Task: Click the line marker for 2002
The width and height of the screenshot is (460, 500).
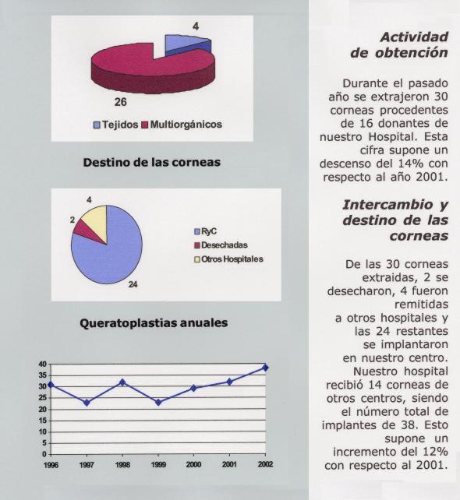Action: click(x=265, y=368)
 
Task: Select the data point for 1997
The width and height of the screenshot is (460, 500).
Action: click(x=87, y=403)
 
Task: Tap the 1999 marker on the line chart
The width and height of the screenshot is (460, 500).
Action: click(x=158, y=403)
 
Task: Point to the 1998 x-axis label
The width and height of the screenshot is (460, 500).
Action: click(x=122, y=465)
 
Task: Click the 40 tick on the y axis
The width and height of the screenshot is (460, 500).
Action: click(x=42, y=364)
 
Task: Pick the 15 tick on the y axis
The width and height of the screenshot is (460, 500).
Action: click(x=42, y=421)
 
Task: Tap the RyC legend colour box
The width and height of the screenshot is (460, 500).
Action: click(x=197, y=231)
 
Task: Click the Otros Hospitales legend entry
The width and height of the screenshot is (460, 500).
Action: click(x=229, y=259)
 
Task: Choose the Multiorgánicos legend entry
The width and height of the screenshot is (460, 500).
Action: click(x=182, y=125)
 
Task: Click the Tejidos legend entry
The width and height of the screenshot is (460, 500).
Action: click(x=115, y=125)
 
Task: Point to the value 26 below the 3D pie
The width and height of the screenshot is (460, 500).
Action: click(x=121, y=102)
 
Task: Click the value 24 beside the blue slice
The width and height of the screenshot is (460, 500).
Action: click(x=133, y=284)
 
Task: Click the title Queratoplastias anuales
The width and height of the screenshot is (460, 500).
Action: click(x=154, y=323)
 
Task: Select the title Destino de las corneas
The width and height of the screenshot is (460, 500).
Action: click(x=151, y=162)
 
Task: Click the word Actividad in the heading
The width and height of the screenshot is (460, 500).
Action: click(x=414, y=37)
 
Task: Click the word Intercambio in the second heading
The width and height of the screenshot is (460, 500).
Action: click(x=387, y=205)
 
